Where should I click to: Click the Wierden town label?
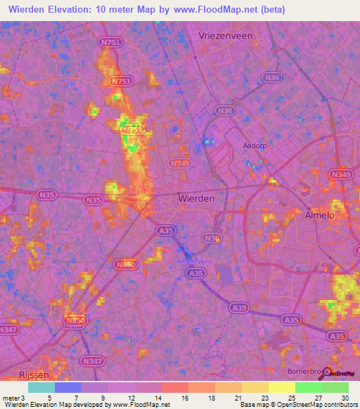tap(197, 199)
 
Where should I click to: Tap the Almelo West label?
tap(194, 261)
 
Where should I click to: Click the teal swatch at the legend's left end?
tap(41, 387)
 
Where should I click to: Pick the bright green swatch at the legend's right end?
tap(335, 387)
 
